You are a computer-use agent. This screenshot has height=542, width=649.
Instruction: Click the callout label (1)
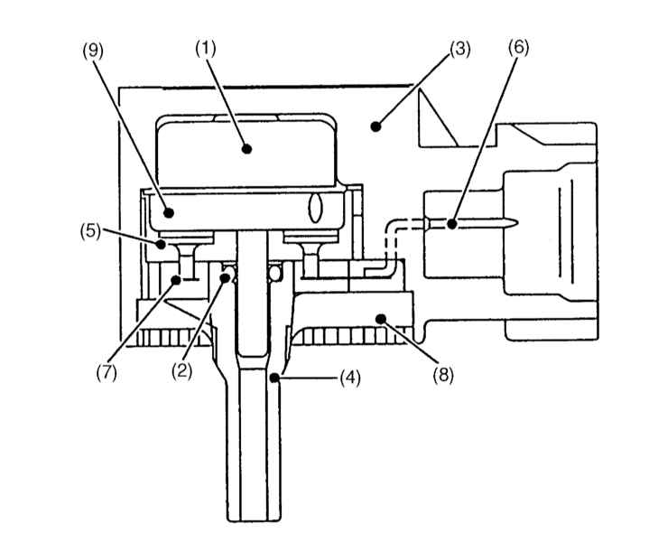206,50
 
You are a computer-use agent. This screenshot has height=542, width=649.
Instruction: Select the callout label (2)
182,371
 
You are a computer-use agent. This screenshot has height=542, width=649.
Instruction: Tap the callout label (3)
460,50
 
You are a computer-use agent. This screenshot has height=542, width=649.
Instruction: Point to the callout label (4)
350,378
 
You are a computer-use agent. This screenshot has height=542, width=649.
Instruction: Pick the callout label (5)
90,230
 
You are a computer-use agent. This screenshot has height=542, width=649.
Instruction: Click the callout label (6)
519,48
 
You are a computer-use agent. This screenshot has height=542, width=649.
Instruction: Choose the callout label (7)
107,373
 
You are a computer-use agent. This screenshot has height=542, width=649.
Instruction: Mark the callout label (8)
443,375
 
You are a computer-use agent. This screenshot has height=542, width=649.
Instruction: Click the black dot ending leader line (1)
247,148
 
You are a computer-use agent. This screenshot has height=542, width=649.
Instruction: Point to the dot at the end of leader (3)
375,126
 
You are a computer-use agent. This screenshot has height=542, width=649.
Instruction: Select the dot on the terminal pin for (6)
451,224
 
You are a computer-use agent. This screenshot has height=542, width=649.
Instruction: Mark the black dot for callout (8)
380,318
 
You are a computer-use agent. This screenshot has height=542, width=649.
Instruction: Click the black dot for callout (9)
169,212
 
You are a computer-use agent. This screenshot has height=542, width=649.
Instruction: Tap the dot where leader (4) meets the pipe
274,378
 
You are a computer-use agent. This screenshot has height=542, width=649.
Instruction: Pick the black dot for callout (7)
175,281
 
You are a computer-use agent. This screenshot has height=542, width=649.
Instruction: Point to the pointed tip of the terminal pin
518,224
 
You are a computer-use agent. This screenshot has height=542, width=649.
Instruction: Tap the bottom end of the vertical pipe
255,520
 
